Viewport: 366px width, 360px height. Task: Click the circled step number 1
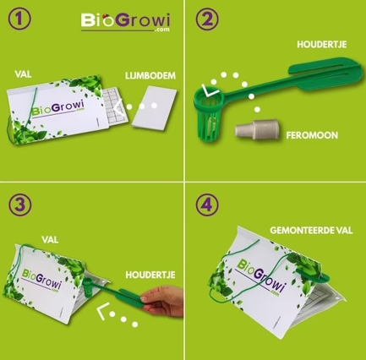tap(19, 19)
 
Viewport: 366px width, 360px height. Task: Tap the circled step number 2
tap(207, 19)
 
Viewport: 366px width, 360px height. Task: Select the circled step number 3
tap(20, 205)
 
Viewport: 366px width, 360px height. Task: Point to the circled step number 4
tap(207, 205)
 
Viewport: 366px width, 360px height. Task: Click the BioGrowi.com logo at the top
tap(126, 22)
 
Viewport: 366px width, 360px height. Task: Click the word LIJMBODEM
tap(150, 76)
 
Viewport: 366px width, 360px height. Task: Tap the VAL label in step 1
tap(23, 74)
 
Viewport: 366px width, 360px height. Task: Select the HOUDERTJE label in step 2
tap(322, 45)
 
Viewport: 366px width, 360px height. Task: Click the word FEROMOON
tap(312, 135)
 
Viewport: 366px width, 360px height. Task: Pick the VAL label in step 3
tap(50, 240)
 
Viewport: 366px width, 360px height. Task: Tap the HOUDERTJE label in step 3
tap(150, 275)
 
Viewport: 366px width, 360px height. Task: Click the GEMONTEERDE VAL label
tap(311, 231)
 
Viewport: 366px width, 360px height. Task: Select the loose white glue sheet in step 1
tap(155, 108)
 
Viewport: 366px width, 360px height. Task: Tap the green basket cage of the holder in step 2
tap(208, 115)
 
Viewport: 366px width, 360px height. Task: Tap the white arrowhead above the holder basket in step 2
tap(210, 90)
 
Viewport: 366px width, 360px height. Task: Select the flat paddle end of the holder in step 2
tap(325, 74)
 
